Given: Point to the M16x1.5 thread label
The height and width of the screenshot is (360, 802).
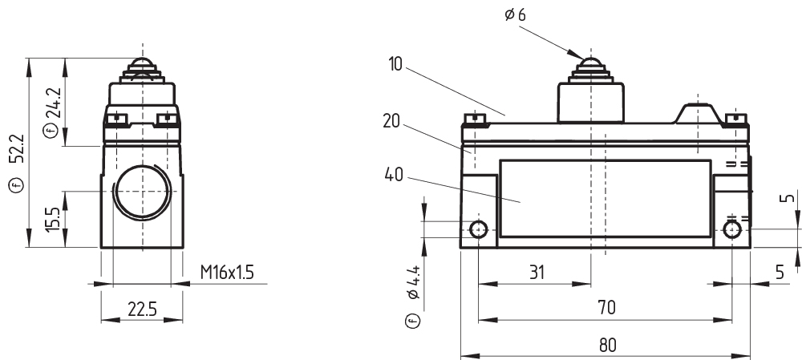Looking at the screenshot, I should point(226,273).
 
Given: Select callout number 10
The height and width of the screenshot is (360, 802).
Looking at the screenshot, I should point(395,63).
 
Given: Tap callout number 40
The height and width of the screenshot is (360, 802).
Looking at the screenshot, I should point(395,174).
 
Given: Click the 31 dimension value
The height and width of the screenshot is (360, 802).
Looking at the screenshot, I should point(536,273).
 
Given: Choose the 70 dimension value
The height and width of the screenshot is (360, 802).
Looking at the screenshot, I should point(606,308).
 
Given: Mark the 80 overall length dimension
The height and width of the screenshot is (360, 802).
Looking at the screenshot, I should point(606,343).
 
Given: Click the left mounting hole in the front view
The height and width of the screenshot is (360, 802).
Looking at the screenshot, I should point(479,231).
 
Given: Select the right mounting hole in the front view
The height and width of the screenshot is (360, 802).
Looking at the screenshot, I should point(732,231).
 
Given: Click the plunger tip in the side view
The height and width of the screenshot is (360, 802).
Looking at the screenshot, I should point(142,65).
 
